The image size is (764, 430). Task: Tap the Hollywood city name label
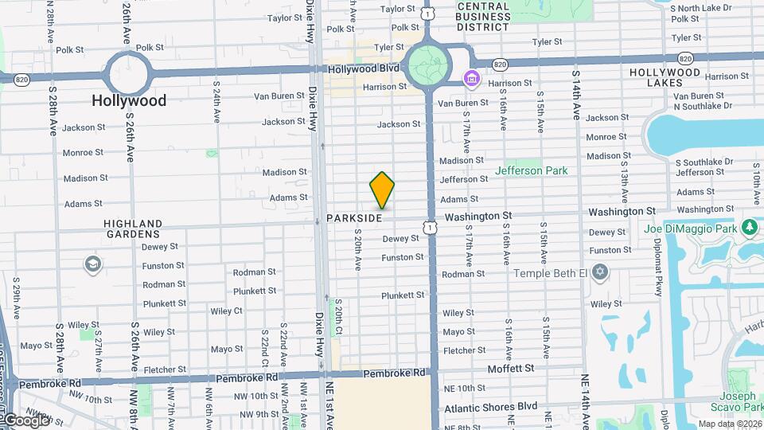pyautogui.click(x=129, y=100)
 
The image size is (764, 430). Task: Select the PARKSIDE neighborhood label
pyautogui.click(x=355, y=217)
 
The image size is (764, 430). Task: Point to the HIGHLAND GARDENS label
pyautogui.click(x=133, y=229)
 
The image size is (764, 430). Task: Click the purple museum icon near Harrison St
pyautogui.click(x=471, y=79)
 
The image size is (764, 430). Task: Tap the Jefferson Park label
pyautogui.click(x=531, y=170)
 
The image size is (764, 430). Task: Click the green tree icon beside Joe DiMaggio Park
pyautogui.click(x=748, y=229)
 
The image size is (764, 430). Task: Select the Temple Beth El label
pyautogui.click(x=550, y=273)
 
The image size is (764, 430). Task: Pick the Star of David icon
pyautogui.click(x=601, y=273)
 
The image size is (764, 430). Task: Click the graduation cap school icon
pyautogui.click(x=92, y=264)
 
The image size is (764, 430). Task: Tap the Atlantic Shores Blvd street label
pyautogui.click(x=491, y=406)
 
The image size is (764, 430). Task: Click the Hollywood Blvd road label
pyautogui.click(x=366, y=69)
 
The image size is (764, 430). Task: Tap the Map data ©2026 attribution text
pyautogui.click(x=730, y=424)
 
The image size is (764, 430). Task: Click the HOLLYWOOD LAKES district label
pyautogui.click(x=665, y=77)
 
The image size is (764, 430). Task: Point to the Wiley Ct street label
pyautogui.click(x=227, y=311)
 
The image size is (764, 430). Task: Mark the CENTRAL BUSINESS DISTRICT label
pyautogui.click(x=483, y=16)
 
